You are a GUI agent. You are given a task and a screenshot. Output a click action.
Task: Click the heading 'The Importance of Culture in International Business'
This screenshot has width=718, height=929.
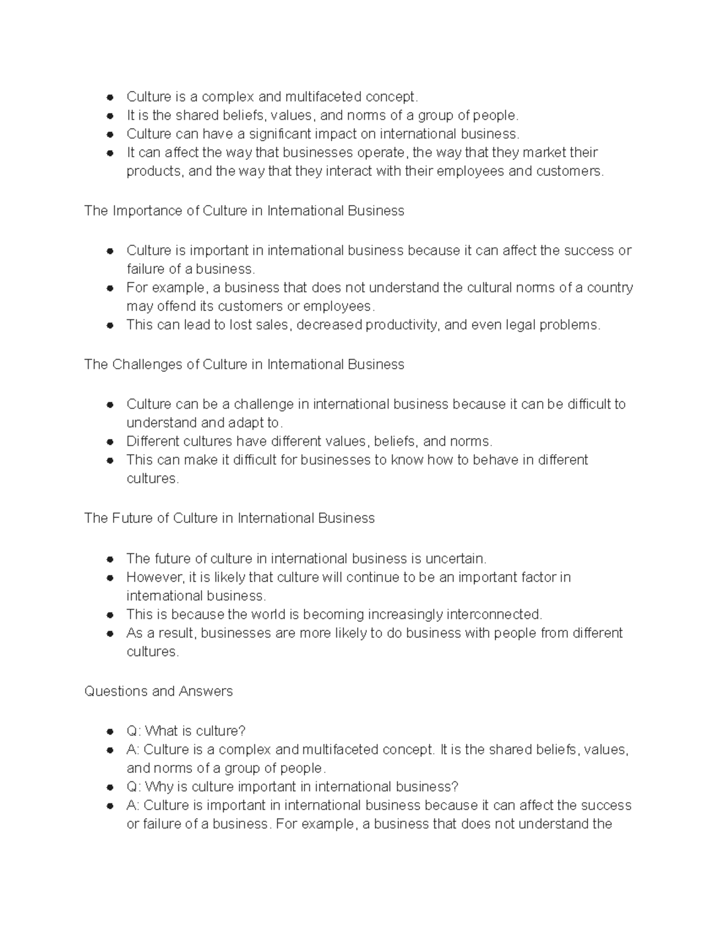[244, 211]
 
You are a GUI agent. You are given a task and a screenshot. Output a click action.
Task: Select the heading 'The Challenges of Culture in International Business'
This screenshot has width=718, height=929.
[244, 365]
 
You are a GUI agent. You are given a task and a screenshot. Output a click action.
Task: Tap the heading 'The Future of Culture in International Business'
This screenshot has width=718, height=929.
[229, 518]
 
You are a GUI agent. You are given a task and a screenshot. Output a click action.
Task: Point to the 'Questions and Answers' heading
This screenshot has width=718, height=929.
[159, 692]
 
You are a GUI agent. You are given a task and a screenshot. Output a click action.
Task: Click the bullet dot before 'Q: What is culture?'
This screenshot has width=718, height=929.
[110, 732]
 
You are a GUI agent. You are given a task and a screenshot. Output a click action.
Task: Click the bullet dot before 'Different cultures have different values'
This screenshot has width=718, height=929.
[110, 442]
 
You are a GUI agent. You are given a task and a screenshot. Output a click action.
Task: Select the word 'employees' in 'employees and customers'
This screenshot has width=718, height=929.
[471, 172]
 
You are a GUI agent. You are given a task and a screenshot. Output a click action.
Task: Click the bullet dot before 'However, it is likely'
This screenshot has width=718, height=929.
[110, 578]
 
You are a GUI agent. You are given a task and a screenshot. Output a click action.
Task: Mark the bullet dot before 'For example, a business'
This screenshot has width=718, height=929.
[110, 288]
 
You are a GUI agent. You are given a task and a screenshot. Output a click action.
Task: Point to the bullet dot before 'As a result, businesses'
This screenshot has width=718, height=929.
[110, 633]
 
